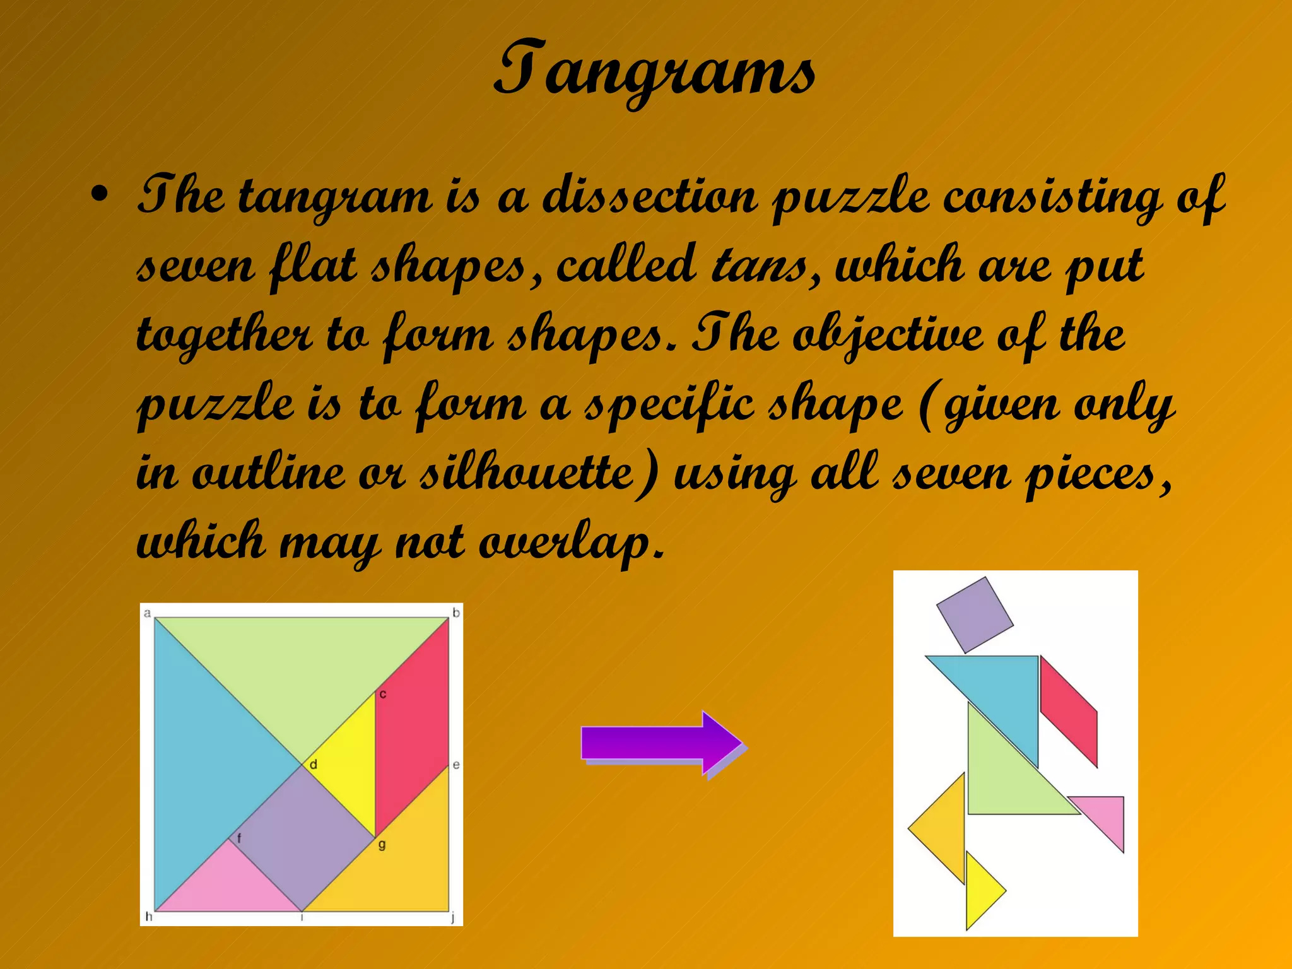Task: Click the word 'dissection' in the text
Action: (x=650, y=197)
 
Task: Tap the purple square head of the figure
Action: (x=975, y=614)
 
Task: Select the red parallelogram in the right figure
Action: (x=1069, y=712)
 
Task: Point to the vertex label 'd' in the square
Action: (x=313, y=765)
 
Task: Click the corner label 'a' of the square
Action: (x=148, y=613)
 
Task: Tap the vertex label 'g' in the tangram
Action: (x=382, y=845)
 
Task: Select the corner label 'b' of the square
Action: (x=456, y=613)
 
